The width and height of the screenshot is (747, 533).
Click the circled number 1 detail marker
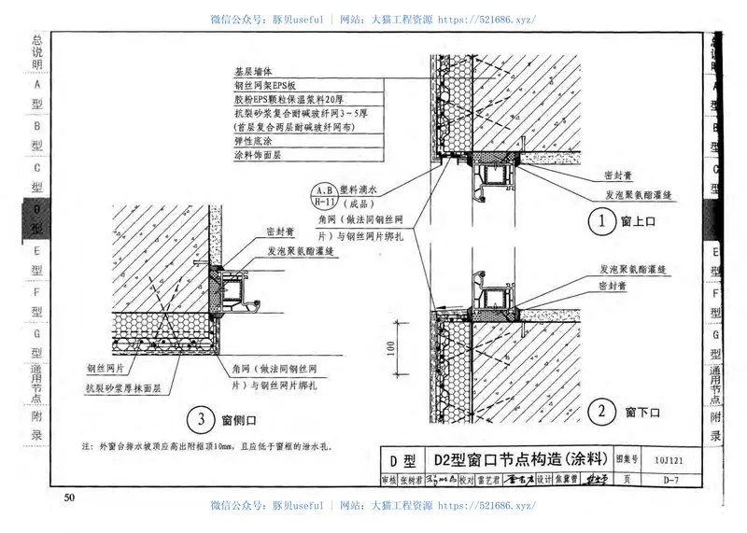point(602,221)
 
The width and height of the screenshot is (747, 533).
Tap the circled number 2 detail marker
point(602,411)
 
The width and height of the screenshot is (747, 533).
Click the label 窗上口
point(643,222)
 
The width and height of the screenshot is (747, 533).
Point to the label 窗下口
point(643,412)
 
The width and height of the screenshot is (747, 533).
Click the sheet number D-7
point(669,480)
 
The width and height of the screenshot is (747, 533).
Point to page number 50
point(69,498)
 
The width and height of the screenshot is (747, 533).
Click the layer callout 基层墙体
point(252,71)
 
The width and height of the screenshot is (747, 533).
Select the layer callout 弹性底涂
point(252,141)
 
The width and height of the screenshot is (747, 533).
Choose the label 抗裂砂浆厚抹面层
point(124,387)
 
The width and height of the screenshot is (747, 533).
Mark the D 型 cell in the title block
point(402,459)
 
